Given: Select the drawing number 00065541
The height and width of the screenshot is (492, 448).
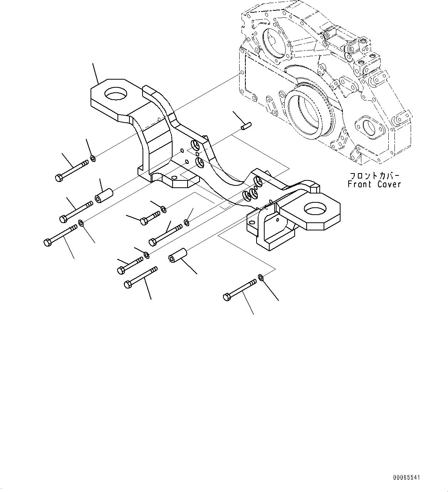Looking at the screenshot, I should pos(407,478).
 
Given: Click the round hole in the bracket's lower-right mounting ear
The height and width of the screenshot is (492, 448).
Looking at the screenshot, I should pos(315,210).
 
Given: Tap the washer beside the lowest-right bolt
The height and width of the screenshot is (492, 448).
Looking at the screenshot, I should pos(260,277).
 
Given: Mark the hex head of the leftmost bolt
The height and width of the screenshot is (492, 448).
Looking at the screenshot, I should pos(47,242).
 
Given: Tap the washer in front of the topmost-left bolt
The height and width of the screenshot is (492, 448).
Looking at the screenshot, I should pos(93,158).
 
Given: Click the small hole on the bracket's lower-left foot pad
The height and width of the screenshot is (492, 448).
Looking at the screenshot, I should pos(174,178).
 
